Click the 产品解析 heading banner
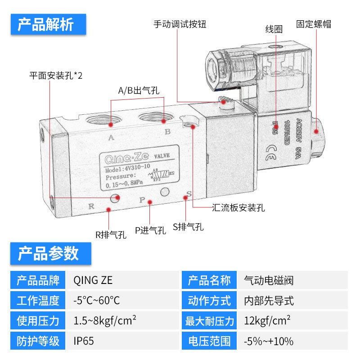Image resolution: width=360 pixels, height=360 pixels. (x=48, y=25)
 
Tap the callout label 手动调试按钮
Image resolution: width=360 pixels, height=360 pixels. (x=180, y=24)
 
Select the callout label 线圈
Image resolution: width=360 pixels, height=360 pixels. (x=274, y=29)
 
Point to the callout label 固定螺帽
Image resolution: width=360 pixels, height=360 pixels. (x=314, y=24)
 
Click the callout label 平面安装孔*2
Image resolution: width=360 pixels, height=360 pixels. (x=56, y=75)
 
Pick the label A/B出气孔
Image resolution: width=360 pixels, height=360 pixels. (x=139, y=90)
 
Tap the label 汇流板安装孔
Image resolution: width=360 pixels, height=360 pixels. (x=238, y=208)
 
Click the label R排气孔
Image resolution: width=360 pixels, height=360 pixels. (x=111, y=234)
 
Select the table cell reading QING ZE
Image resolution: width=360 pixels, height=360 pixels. (x=92, y=281)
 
